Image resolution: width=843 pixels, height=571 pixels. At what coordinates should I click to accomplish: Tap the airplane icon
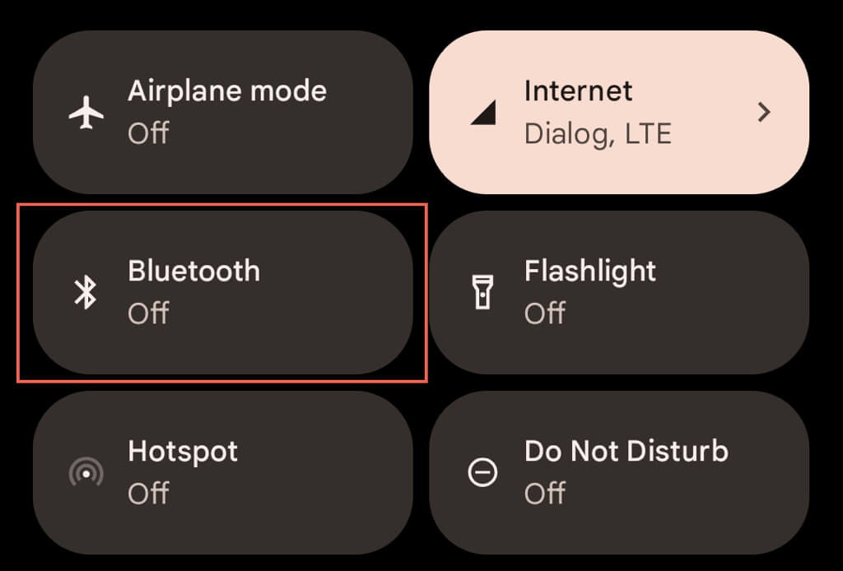[x=86, y=113]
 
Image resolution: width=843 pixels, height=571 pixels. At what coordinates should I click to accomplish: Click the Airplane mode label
[x=227, y=91]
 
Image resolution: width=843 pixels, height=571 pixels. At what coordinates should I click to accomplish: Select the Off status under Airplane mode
[x=148, y=132]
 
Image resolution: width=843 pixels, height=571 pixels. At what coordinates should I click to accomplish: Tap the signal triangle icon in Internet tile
[x=483, y=114]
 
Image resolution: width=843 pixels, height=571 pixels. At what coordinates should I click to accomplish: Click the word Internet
[x=578, y=91]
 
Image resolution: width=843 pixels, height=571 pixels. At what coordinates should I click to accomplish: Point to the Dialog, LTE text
[x=598, y=132]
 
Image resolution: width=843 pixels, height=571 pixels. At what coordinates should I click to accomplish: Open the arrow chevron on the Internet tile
[x=764, y=112]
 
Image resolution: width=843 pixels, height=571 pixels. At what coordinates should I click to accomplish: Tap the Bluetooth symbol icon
[x=86, y=292]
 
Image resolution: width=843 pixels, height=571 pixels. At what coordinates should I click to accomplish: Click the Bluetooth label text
[x=193, y=271]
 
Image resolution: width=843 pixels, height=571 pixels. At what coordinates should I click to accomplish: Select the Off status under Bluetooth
[x=148, y=313]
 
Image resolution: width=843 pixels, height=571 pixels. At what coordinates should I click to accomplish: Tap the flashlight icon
[x=482, y=292]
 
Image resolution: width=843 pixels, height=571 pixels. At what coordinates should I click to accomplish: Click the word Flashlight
[x=590, y=271]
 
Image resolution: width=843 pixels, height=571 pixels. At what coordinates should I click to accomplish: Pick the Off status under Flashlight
[x=545, y=313]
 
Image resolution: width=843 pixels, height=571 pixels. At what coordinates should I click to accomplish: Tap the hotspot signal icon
[x=86, y=473]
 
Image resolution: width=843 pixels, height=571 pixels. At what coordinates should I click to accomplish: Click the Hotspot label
[x=183, y=451]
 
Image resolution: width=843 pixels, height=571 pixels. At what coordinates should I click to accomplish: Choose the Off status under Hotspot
[x=148, y=493]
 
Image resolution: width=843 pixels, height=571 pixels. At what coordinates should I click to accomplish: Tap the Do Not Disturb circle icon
[x=482, y=472]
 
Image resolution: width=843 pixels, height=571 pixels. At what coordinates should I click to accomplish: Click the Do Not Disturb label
[x=626, y=451]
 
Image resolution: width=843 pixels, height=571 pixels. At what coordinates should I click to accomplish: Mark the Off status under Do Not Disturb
[x=545, y=493]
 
